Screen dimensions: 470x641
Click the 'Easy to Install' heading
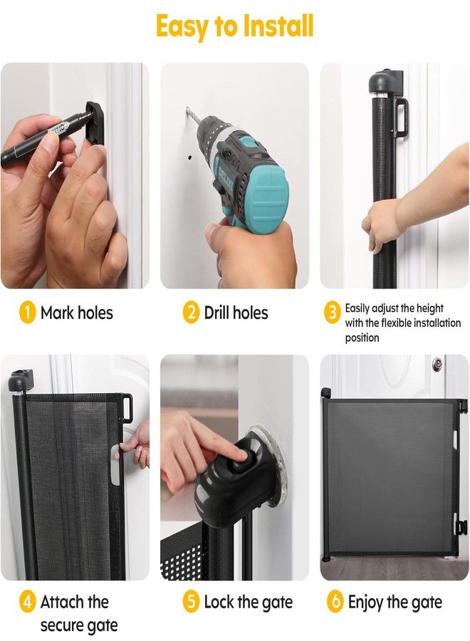[x=234, y=26]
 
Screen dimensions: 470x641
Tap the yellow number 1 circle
[x=27, y=313]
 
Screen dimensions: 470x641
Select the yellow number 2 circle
[x=191, y=313]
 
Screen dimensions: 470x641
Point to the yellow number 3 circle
[x=333, y=313]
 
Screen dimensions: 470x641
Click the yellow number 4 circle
[x=27, y=602]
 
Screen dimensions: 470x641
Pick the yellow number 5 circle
[x=191, y=602]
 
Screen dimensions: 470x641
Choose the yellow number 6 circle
[x=335, y=602]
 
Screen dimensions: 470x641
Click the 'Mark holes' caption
[x=76, y=313]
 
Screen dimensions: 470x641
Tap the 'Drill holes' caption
[x=236, y=313]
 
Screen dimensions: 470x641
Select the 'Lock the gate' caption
[x=248, y=602]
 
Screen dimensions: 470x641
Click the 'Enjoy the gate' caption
[x=395, y=603]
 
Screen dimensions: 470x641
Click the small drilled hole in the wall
[x=190, y=157]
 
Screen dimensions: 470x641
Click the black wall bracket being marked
[x=95, y=123]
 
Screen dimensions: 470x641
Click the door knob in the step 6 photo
[x=437, y=363]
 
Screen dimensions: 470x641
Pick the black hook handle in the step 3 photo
[x=401, y=118]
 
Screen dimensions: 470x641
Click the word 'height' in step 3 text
[x=430, y=308]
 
